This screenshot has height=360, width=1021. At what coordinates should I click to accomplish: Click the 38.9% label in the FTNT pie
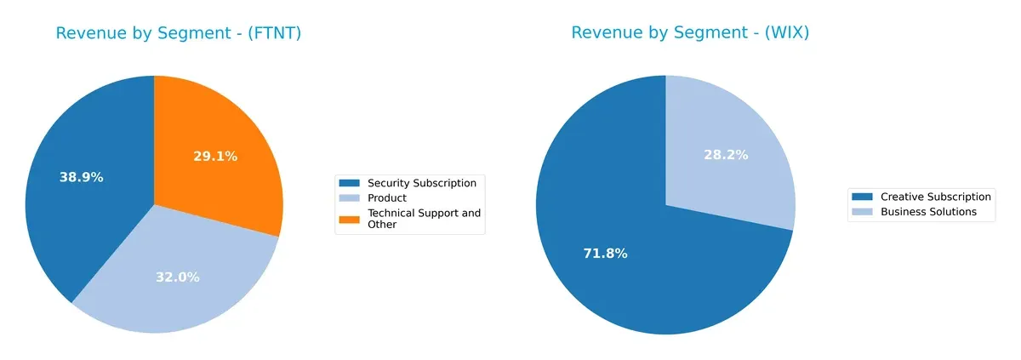[81, 177]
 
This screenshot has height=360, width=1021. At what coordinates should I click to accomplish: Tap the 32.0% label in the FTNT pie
[178, 277]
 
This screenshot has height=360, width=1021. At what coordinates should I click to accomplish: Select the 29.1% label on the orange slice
[215, 157]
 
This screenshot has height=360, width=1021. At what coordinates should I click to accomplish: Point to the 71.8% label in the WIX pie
[605, 254]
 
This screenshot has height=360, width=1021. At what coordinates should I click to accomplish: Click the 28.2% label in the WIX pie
[726, 155]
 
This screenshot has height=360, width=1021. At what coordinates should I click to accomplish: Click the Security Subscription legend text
[421, 183]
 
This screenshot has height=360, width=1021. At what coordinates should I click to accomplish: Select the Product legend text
[386, 198]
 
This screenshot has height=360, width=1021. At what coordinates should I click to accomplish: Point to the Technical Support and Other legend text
[424, 219]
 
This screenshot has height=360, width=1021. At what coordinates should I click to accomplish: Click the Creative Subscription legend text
[935, 197]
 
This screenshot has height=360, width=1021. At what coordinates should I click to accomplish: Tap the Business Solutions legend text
[928, 212]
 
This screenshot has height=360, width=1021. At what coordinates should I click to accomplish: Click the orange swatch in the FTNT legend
[350, 219]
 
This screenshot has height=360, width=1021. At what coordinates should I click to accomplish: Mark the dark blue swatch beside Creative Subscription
[863, 197]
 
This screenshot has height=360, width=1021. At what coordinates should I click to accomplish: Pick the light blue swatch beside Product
[350, 198]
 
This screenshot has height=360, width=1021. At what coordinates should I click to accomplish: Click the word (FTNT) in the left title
[273, 34]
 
